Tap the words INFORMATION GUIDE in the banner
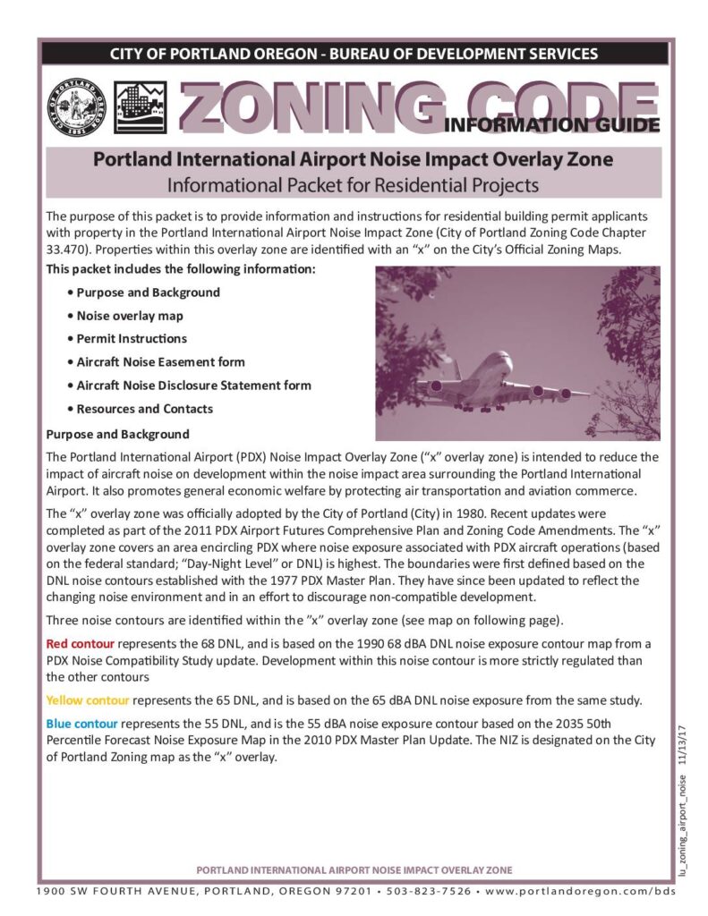pyautogui.click(x=552, y=124)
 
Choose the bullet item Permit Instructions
pyautogui.click(x=132, y=339)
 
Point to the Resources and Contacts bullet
pyautogui.click(x=144, y=409)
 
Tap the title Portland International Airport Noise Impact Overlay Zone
pyautogui.click(x=354, y=161)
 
